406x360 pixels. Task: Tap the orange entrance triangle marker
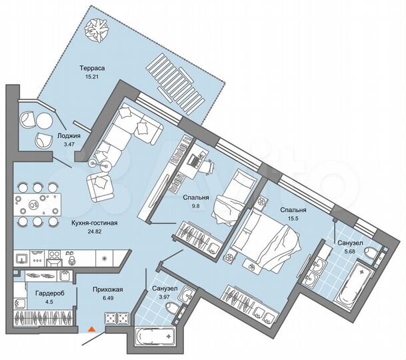[x=92, y=328]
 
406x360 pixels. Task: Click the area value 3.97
[x=163, y=297]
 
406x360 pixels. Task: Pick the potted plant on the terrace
[x=100, y=27]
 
